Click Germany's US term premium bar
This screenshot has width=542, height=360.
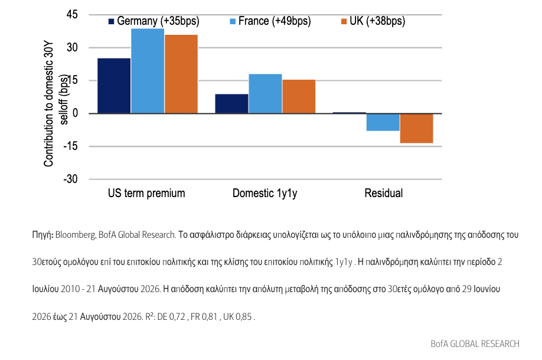click(x=114, y=86)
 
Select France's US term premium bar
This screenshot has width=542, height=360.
click(x=148, y=71)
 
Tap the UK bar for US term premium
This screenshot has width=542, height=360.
click(x=181, y=74)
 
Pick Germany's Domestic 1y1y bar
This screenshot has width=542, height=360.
click(x=231, y=104)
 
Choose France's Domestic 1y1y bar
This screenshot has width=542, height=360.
click(x=265, y=94)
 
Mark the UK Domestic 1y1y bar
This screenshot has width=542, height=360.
click(x=299, y=96)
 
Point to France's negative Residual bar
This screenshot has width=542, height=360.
click(x=383, y=122)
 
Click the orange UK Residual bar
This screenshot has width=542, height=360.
click(x=416, y=128)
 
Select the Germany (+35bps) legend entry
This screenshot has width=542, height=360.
click(x=154, y=21)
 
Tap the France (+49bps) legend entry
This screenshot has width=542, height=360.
click(x=270, y=21)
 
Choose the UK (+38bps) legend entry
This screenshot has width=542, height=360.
click(x=373, y=21)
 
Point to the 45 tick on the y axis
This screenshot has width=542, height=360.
click(x=72, y=15)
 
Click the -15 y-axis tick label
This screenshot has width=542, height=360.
click(x=70, y=146)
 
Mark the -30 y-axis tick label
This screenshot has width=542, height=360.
click(x=70, y=179)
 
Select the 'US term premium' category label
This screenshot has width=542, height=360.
click(x=146, y=193)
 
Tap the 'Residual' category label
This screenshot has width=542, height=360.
click(x=384, y=193)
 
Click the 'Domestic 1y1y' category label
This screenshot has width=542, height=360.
click(x=265, y=193)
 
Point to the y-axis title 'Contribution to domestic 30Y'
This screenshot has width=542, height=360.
click(x=48, y=104)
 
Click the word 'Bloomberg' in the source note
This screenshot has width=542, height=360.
click(x=76, y=235)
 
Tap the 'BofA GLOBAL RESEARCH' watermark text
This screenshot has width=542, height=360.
click(x=475, y=343)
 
